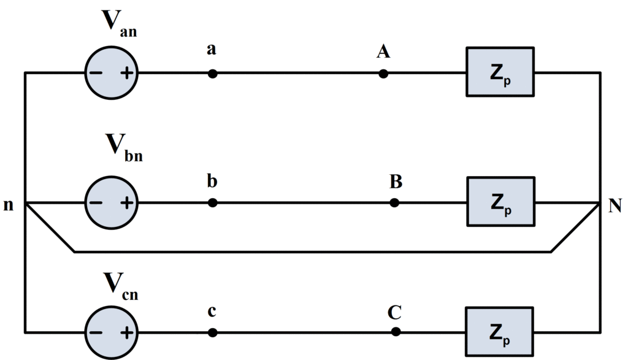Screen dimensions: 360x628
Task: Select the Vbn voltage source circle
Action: point(112,202)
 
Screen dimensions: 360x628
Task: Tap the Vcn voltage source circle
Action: point(112,332)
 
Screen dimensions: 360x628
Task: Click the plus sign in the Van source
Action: point(127,73)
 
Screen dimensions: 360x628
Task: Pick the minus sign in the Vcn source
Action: point(96,333)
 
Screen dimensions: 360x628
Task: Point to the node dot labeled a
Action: point(212,74)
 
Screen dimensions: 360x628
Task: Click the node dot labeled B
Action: point(394,202)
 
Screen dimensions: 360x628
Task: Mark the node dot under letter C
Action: point(396,332)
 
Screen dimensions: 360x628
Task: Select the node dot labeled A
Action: point(383,74)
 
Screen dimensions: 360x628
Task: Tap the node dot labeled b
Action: point(212,202)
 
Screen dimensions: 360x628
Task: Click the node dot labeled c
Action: point(212,332)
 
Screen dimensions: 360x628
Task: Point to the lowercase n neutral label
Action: point(8,205)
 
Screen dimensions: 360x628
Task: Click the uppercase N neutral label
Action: point(615,205)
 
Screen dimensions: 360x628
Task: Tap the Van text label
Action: point(119,22)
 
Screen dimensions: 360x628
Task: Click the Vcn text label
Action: point(120,285)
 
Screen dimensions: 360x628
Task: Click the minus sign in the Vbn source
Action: point(96,203)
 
